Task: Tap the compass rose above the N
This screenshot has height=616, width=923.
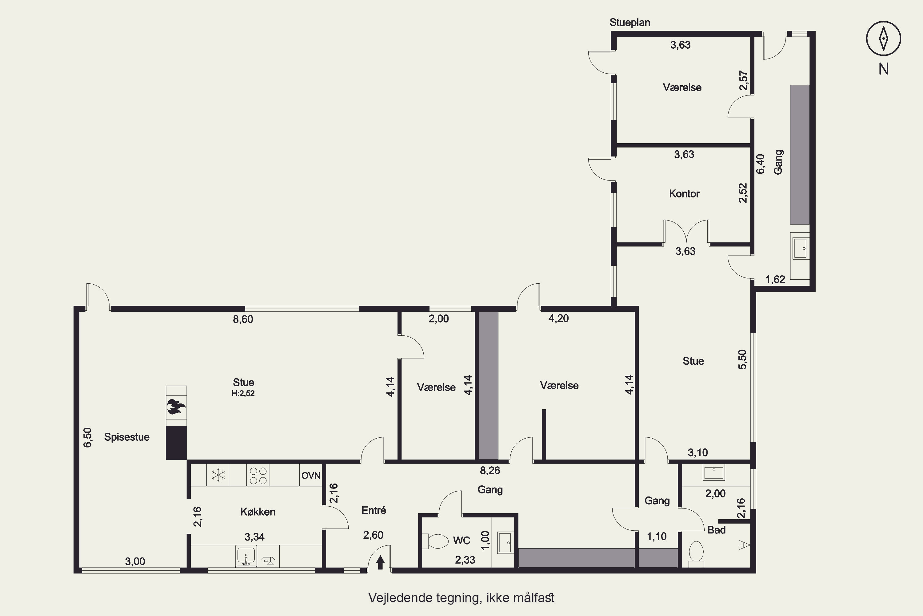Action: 883,38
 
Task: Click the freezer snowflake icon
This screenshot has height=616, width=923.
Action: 218,475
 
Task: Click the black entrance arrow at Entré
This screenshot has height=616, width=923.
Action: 380,562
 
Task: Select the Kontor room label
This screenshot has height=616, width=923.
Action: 684,193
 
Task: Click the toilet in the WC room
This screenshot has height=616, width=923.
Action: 435,541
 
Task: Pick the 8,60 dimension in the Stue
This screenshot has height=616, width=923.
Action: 243,319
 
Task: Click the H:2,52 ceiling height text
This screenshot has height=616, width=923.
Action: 243,393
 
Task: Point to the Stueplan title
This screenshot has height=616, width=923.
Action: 630,23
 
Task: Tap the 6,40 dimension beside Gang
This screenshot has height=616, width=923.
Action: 760,164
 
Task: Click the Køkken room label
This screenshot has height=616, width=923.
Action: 258,512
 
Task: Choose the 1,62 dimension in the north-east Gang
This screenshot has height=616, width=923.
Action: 775,279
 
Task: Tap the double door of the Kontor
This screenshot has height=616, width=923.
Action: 686,232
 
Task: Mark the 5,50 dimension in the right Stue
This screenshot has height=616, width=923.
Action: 742,359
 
